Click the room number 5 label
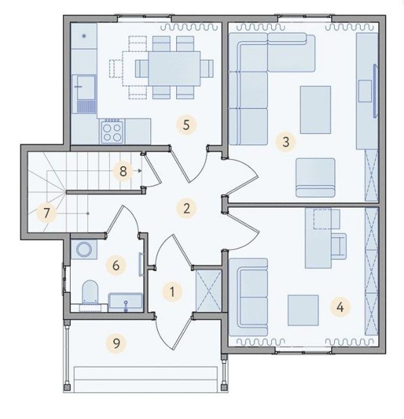(186, 124)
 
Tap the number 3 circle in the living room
(286, 142)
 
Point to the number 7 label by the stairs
(47, 213)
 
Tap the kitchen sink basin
(86, 88)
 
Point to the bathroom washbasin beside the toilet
(126, 302)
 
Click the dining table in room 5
(174, 68)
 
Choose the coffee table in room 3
(315, 109)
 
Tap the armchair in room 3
(315, 178)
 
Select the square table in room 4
(303, 310)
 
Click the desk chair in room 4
(339, 246)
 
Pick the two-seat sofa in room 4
(248, 297)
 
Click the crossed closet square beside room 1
(208, 291)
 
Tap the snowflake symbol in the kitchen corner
(84, 36)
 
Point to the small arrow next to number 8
(139, 170)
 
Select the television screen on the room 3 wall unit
(375, 90)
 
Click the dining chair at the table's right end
(207, 68)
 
